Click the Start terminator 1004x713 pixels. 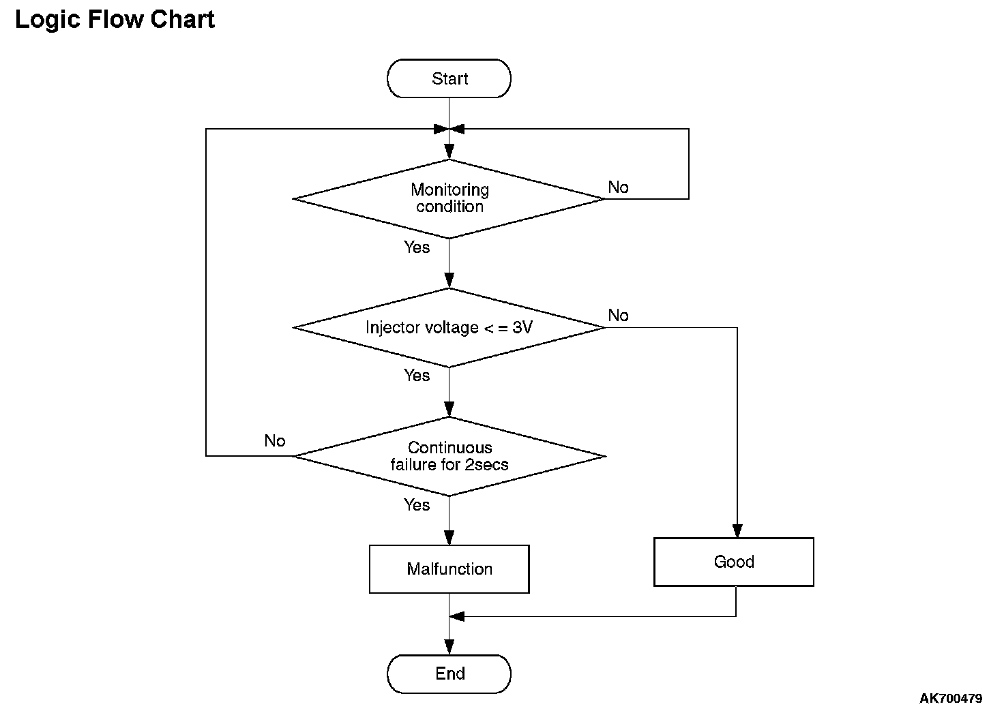[x=449, y=78]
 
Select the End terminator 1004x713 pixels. [x=449, y=673]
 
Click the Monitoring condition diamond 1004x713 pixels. [x=449, y=199]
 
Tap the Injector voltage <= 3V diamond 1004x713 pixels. [x=449, y=327]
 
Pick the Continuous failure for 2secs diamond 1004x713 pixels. [x=449, y=457]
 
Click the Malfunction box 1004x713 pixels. [x=449, y=568]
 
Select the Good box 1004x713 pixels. [x=734, y=562]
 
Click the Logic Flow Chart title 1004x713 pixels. [x=115, y=20]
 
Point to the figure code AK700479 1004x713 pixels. [x=951, y=698]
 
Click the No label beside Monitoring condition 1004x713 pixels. [x=618, y=187]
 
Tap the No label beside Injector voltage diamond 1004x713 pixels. [x=618, y=315]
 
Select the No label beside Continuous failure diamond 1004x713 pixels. [x=275, y=441]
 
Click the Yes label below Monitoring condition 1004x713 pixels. [x=416, y=247]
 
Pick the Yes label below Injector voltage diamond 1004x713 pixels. [x=416, y=376]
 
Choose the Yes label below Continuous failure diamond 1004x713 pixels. [x=416, y=504]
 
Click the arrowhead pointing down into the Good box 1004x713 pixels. [x=737, y=531]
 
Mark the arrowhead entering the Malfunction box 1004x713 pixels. [x=449, y=538]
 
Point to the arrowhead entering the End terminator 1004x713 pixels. [x=449, y=647]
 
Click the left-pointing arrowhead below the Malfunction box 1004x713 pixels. [x=457, y=617]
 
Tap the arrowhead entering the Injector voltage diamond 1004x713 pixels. [x=449, y=280]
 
